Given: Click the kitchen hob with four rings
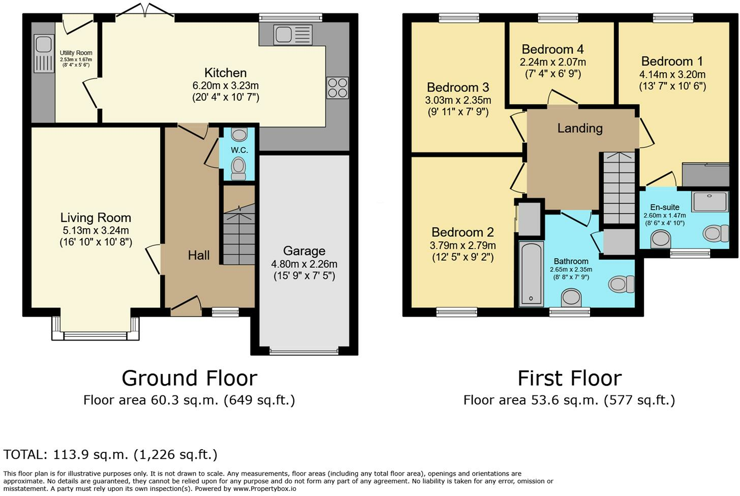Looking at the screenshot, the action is [x=337, y=87].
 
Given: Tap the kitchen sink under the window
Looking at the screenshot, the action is [x=293, y=35].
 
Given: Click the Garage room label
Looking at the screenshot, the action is [x=304, y=251].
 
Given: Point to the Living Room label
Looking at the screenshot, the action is [x=96, y=218].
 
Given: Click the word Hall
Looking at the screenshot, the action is [x=199, y=255].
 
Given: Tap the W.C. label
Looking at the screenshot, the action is [x=239, y=150].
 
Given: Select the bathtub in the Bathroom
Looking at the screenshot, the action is [x=531, y=274].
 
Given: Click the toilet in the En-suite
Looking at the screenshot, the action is [x=716, y=233].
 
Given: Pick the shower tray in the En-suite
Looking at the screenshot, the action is [x=711, y=201].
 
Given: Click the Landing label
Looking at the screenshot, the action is [x=580, y=128].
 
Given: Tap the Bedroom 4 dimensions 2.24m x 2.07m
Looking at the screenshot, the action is [x=552, y=62].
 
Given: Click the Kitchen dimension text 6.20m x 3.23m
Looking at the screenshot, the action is [x=225, y=85].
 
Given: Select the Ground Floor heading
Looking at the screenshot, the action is [x=189, y=378].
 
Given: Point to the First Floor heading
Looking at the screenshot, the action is [x=570, y=378].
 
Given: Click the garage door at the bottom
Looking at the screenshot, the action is [x=304, y=351].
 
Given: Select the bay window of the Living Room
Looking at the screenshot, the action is [x=95, y=329].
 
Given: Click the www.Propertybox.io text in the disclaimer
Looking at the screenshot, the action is [x=265, y=489].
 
